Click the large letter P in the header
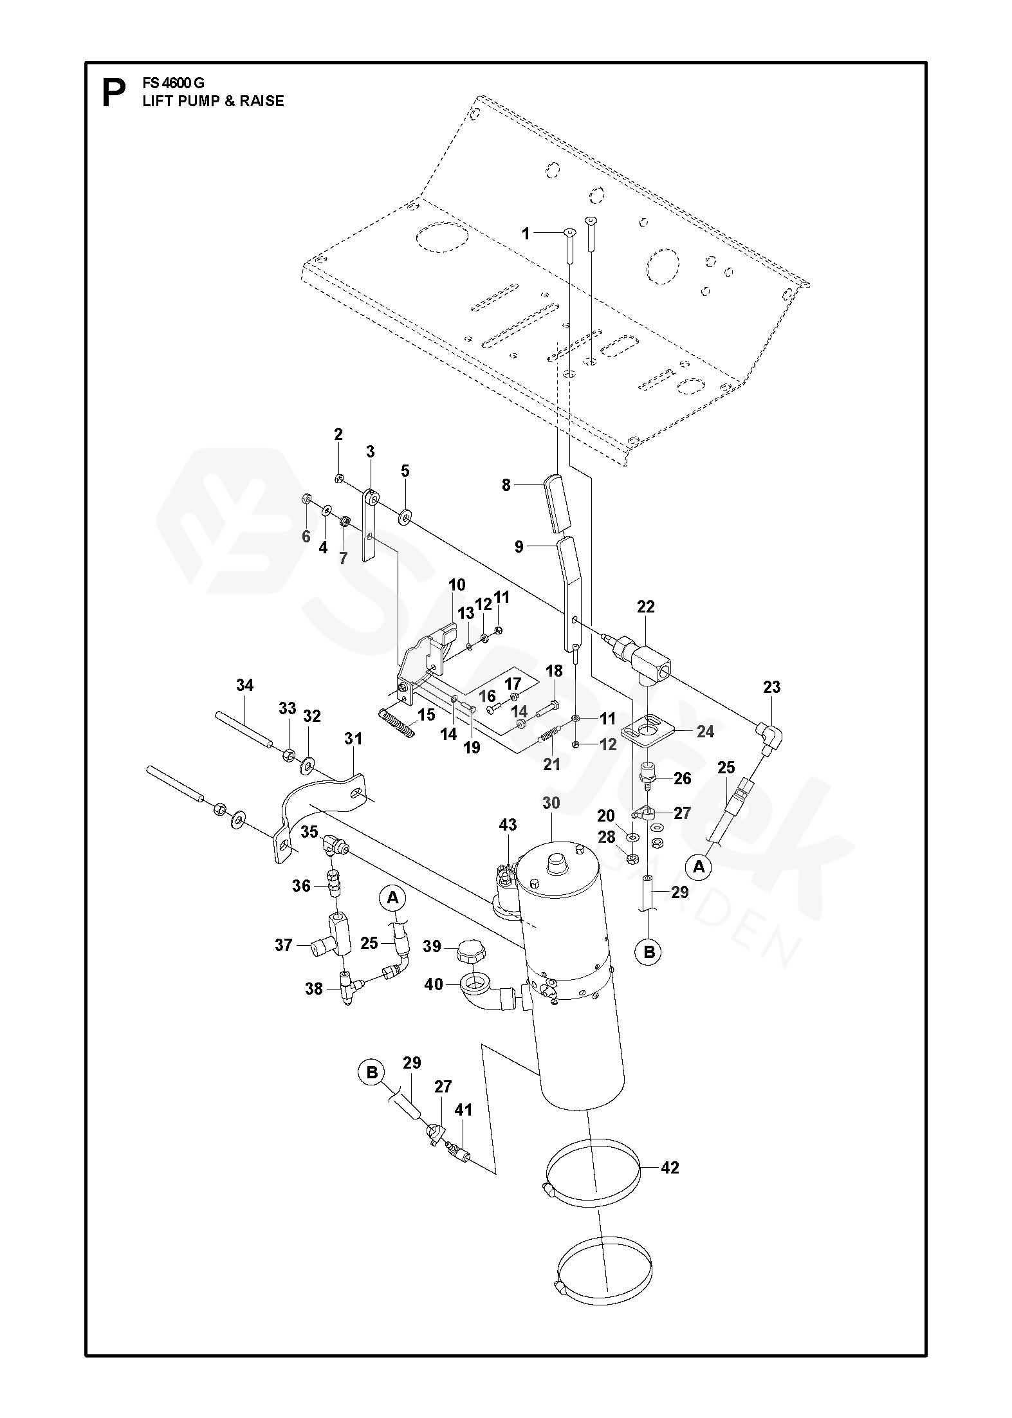(114, 94)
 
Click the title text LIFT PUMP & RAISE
(213, 101)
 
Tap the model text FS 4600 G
(173, 84)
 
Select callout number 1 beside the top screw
(526, 234)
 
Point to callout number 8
(506, 485)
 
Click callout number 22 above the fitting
(645, 606)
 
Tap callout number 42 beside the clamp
(670, 1168)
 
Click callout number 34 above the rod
(245, 685)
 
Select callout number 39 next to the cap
(432, 946)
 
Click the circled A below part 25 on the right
(699, 867)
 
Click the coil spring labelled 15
(397, 723)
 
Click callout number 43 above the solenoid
(508, 825)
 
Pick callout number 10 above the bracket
(457, 585)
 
